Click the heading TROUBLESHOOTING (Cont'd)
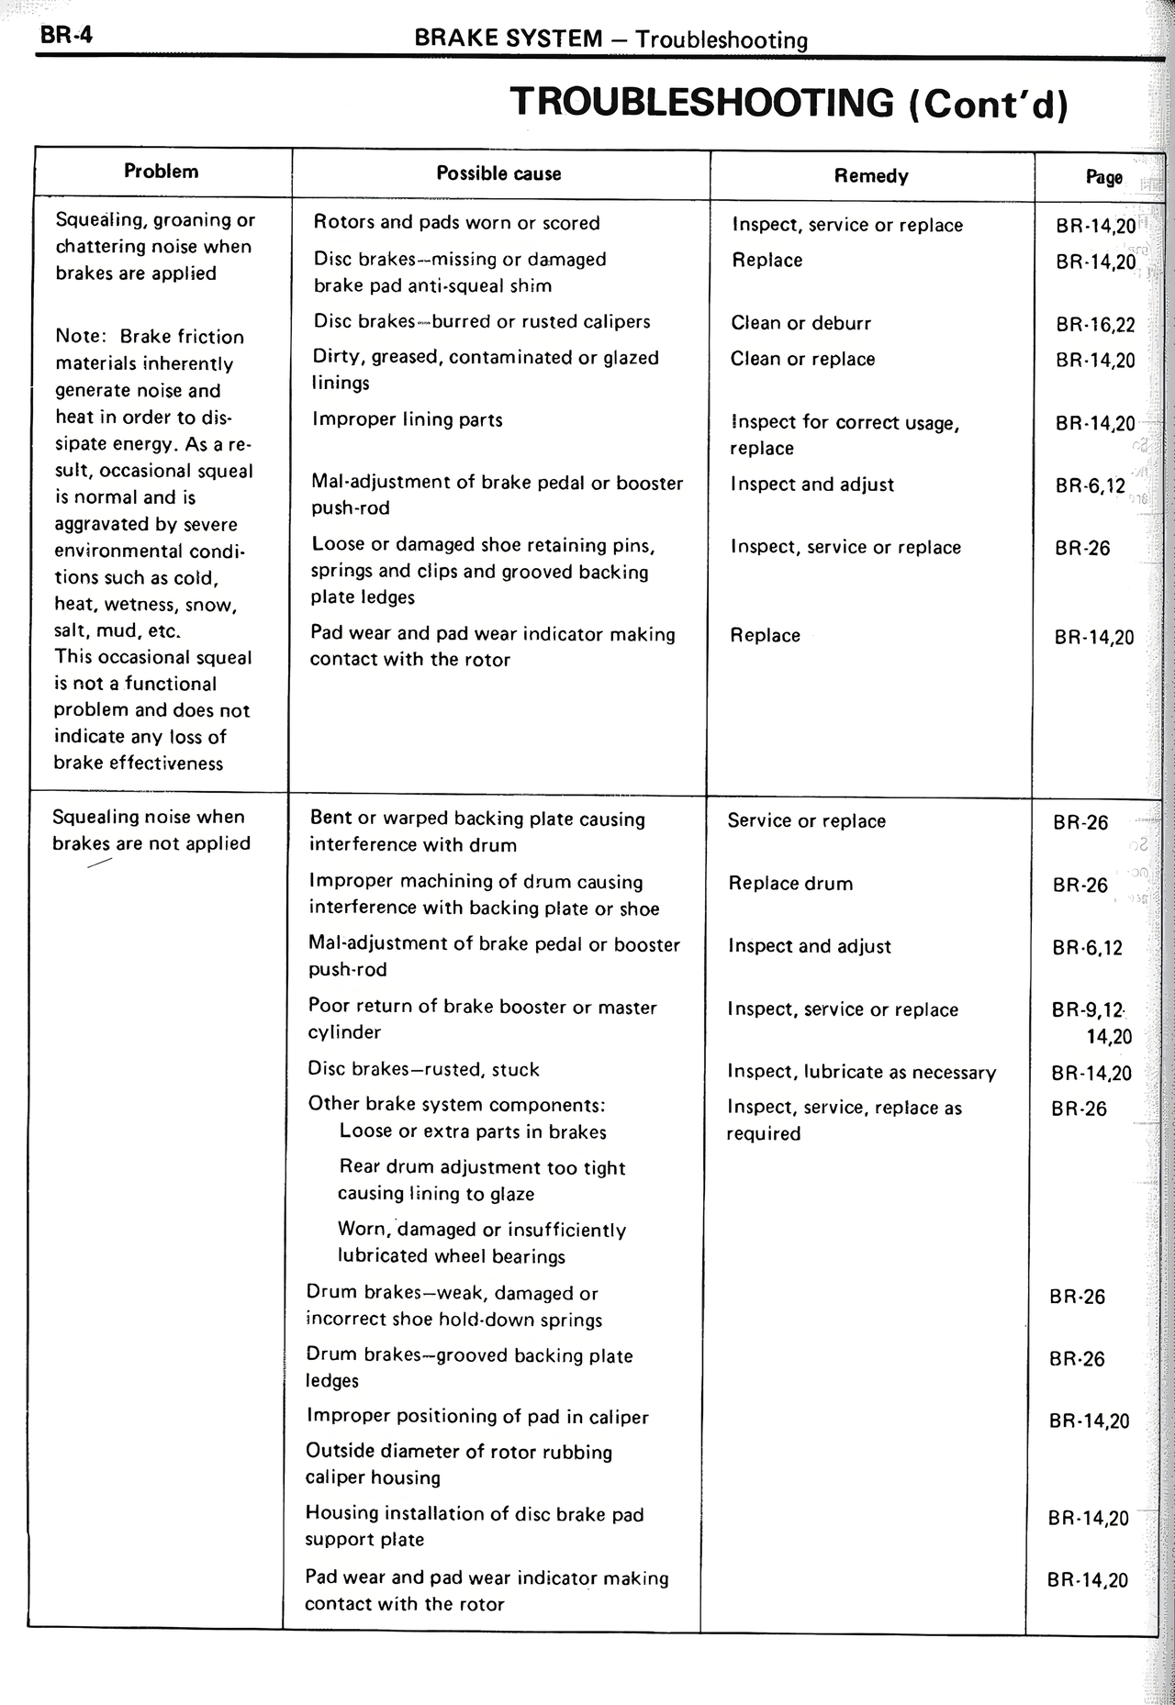(789, 102)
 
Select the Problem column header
(161, 172)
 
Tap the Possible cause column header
(498, 173)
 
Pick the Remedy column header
(871, 176)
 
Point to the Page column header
(1103, 177)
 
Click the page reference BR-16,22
(1095, 324)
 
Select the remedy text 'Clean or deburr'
(800, 323)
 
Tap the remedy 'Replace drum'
(790, 884)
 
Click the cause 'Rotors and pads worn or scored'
(456, 223)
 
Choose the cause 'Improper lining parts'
(407, 420)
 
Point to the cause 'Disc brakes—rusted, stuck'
(423, 1069)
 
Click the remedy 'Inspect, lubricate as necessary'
(861, 1072)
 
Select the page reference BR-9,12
(1088, 1010)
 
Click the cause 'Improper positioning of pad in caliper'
(477, 1417)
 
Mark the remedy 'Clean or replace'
(802, 360)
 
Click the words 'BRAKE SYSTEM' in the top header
(509, 39)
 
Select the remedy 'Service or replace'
(806, 821)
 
